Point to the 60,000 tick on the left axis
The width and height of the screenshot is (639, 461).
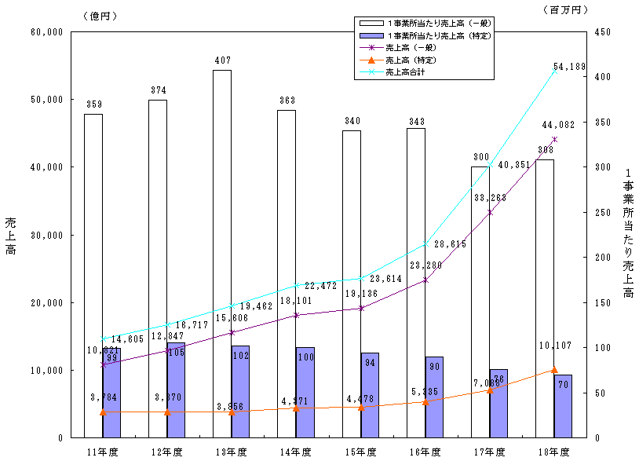pos(46,32)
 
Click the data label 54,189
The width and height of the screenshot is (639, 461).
pos(570,67)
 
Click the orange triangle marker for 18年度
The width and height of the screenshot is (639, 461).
pos(554,369)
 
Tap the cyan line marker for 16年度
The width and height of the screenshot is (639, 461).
pos(425,244)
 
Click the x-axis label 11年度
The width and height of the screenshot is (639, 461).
pos(102,452)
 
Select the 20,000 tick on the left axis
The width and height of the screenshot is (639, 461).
pos(46,302)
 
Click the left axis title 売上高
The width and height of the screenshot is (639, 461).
pos(10,235)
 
